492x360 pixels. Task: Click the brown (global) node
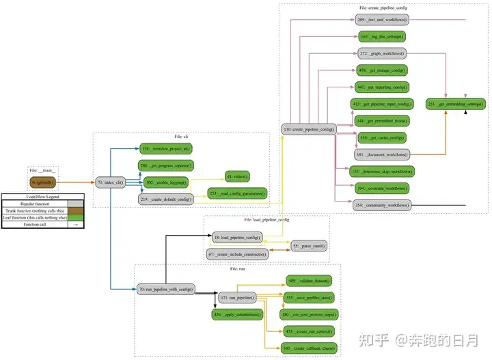coord(42,182)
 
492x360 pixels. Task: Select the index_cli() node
coord(109,182)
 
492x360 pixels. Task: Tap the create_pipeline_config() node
coord(308,129)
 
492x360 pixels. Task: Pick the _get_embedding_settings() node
coord(456,104)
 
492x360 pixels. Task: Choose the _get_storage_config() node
coord(383,70)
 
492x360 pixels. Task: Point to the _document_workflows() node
coord(383,154)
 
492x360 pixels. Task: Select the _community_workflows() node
coord(383,205)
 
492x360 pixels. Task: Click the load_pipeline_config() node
coord(236,237)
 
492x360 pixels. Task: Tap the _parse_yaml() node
coord(308,245)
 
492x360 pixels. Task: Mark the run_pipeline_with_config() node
coord(165,289)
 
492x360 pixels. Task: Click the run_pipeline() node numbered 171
coord(237,297)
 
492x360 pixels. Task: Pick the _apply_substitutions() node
coord(237,315)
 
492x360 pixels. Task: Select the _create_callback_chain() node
coord(308,348)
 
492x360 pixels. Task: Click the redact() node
coord(237,177)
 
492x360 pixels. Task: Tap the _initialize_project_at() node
coord(165,148)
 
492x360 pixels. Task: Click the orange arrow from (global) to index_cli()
coord(75,182)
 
